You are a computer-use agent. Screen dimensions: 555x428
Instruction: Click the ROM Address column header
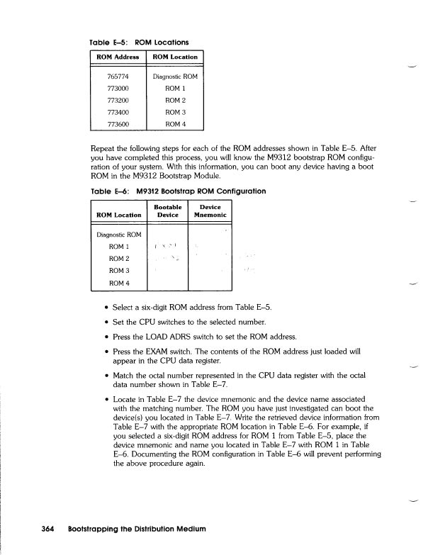coord(118,57)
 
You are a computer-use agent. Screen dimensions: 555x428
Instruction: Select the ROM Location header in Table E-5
coord(175,57)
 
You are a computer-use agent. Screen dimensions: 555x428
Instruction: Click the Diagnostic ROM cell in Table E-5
coord(175,76)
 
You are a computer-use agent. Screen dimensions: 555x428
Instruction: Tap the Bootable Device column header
coord(166,211)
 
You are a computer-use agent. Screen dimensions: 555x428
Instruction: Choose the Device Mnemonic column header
coord(210,211)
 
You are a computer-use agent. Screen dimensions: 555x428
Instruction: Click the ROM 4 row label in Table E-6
coord(119,284)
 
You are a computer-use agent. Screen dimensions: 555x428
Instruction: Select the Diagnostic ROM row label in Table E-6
coord(119,235)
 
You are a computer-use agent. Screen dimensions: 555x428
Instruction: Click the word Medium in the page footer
coord(187,529)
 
